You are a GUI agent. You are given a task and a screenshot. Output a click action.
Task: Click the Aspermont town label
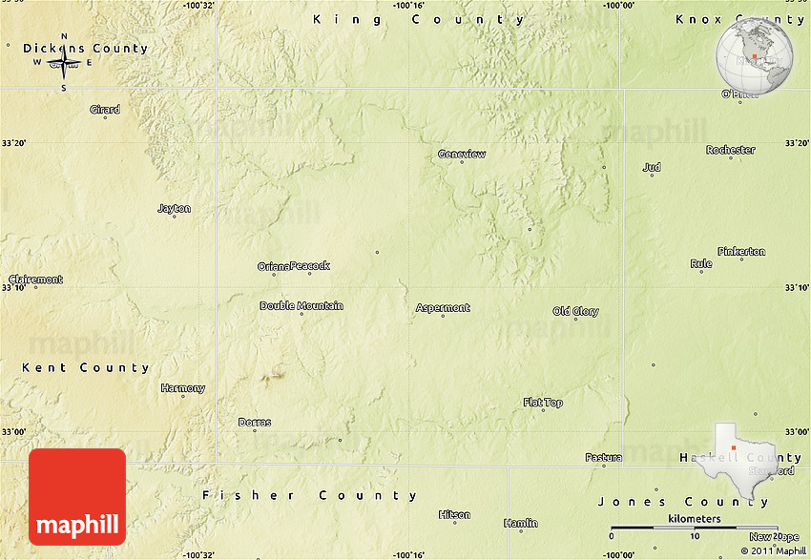click(443, 308)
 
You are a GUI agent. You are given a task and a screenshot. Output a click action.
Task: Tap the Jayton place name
click(174, 209)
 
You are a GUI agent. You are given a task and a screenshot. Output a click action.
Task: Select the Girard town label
click(105, 110)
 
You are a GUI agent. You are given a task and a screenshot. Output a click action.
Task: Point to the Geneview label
click(462, 155)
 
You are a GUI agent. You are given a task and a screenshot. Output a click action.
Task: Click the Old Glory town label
click(575, 312)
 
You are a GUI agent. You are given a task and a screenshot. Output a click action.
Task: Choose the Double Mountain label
click(302, 306)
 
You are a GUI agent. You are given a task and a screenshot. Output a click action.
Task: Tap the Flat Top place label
click(543, 403)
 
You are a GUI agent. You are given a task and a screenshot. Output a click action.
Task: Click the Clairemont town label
click(35, 280)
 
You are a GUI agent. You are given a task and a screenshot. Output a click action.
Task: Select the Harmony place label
click(182, 388)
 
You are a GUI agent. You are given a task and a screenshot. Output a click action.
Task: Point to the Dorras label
click(255, 423)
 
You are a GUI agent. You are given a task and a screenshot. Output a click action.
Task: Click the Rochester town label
click(730, 150)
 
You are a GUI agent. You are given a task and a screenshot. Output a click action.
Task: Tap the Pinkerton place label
click(741, 252)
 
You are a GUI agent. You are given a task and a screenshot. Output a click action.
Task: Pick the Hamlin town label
click(520, 523)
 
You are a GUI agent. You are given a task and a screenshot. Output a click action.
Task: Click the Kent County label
click(86, 367)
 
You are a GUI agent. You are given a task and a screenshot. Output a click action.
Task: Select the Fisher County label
click(309, 495)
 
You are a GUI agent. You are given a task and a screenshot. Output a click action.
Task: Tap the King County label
click(419, 19)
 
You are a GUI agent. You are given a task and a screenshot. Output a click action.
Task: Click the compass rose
click(64, 63)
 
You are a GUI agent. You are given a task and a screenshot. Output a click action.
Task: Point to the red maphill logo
click(77, 497)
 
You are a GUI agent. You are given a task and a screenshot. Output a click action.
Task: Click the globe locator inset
click(755, 53)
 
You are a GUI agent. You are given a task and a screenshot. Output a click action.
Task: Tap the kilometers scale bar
click(695, 527)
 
